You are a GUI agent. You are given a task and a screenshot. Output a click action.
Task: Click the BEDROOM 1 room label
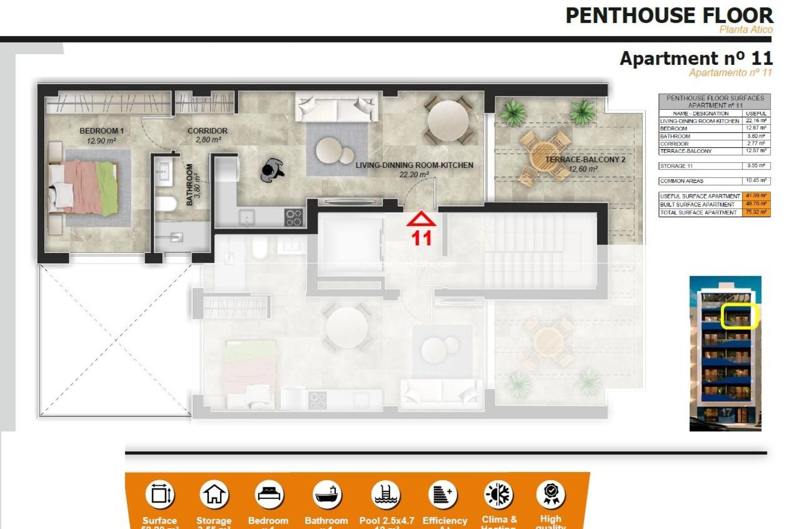pos(101,131)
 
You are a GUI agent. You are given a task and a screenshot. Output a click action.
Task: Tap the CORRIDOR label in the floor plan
pos(207,131)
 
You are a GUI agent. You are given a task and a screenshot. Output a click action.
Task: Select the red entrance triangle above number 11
pos(421,219)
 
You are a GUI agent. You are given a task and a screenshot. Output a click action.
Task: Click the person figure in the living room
pos(272,170)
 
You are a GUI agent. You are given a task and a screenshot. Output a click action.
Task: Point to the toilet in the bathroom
pos(165,204)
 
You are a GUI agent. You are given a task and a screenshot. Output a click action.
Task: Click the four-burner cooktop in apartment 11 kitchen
pos(294,217)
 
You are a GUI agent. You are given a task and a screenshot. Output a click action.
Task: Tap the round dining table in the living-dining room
pos(448,121)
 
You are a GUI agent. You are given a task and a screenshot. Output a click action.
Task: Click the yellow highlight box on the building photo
pos(738,316)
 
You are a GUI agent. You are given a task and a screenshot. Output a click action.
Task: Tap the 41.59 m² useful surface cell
pos(756,196)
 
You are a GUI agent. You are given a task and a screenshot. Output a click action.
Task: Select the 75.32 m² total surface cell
pos(756,212)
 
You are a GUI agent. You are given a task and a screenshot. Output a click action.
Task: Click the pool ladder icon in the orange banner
pos(385,495)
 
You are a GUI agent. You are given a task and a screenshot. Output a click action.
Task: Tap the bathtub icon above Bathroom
pos(327,495)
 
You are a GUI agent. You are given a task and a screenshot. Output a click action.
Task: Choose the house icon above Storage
pos(214,495)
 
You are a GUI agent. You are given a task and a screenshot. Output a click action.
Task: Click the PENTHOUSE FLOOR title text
pos(669,16)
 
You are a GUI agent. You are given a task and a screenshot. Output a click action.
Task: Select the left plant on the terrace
pos(512,112)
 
